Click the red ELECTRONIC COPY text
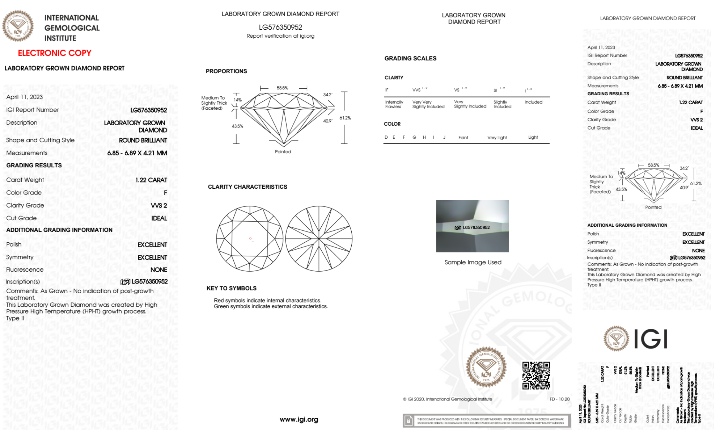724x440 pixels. (55, 53)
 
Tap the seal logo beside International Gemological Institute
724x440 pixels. (18, 26)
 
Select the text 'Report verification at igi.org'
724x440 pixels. (280, 36)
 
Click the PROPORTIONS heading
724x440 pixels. (226, 71)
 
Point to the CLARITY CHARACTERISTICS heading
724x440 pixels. (247, 187)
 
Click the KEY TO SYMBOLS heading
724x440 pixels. (232, 288)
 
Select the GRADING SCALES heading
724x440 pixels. (410, 58)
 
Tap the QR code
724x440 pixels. (536, 375)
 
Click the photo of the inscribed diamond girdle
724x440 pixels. (472, 226)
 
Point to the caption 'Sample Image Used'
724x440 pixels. (473, 262)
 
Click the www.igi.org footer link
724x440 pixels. (299, 419)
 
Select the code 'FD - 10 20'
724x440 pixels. (559, 399)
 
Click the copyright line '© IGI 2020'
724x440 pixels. (448, 399)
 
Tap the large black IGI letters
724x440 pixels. (651, 339)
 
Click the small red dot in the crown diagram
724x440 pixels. (250, 238)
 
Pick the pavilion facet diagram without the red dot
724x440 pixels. (319, 239)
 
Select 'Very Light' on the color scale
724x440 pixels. (497, 138)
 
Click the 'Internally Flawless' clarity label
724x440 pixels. (394, 104)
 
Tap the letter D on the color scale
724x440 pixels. (386, 137)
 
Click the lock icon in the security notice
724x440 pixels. (408, 421)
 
